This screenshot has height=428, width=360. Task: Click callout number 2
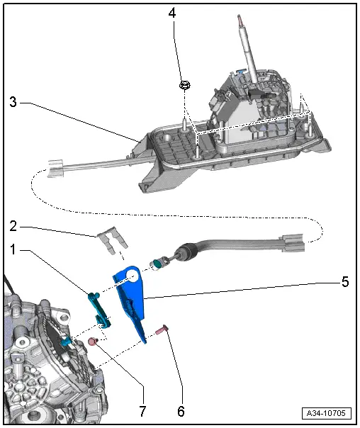[13, 227]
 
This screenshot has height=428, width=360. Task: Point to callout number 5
[345, 281]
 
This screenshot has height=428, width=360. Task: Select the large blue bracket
[135, 298]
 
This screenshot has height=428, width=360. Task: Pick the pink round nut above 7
[92, 343]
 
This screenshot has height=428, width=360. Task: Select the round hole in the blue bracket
[131, 276]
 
